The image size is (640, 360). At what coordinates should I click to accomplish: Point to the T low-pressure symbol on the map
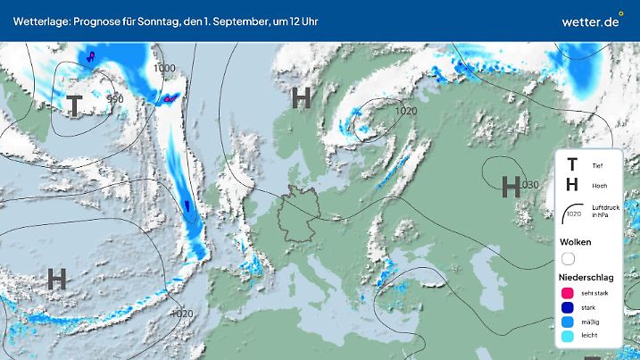click(x=73, y=105)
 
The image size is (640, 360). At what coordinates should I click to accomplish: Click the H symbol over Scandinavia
click(x=302, y=97)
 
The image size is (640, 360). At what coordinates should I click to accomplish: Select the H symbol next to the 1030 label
click(x=511, y=186)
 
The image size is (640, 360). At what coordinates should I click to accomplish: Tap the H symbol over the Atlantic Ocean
click(x=56, y=278)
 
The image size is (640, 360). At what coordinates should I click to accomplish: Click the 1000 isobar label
click(x=164, y=68)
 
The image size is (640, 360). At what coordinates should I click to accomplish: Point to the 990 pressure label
click(x=114, y=99)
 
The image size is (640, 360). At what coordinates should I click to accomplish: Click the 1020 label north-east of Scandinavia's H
click(x=405, y=111)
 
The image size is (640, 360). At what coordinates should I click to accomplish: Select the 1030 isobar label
click(x=530, y=185)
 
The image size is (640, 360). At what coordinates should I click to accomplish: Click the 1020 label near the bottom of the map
click(x=182, y=313)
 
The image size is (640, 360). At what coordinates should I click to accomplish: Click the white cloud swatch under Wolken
click(x=568, y=259)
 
